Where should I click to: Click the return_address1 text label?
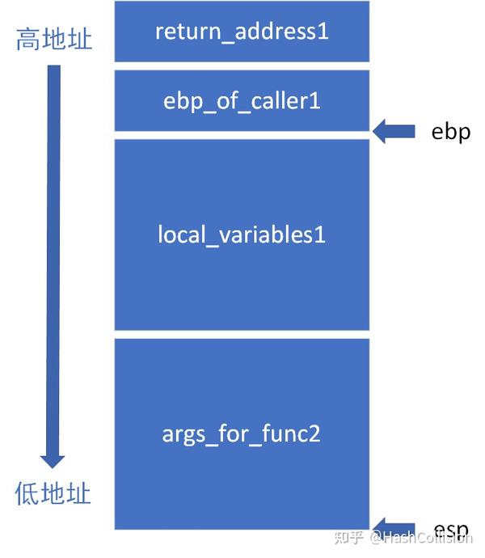pos(242,32)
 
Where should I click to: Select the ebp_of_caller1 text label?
pos(242,101)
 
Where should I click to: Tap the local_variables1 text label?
pos(242,235)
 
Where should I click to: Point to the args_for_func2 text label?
pos(241,434)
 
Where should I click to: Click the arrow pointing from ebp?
pos(394,131)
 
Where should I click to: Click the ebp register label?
pos(451,133)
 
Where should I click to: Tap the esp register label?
pos(451,529)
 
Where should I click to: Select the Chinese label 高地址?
pos(54,39)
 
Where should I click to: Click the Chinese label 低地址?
pos(53,493)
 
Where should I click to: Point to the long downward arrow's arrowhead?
pos(53,462)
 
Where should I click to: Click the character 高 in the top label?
pos(28,39)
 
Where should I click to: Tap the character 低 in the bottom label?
pos(27,493)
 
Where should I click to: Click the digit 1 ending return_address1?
pos(323,31)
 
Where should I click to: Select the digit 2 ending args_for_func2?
pos(314,433)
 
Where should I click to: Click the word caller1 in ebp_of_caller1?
pos(285,101)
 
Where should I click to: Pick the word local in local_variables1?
pos(182,235)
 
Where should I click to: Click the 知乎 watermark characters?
pos(348,538)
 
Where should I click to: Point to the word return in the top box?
pos(188,32)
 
